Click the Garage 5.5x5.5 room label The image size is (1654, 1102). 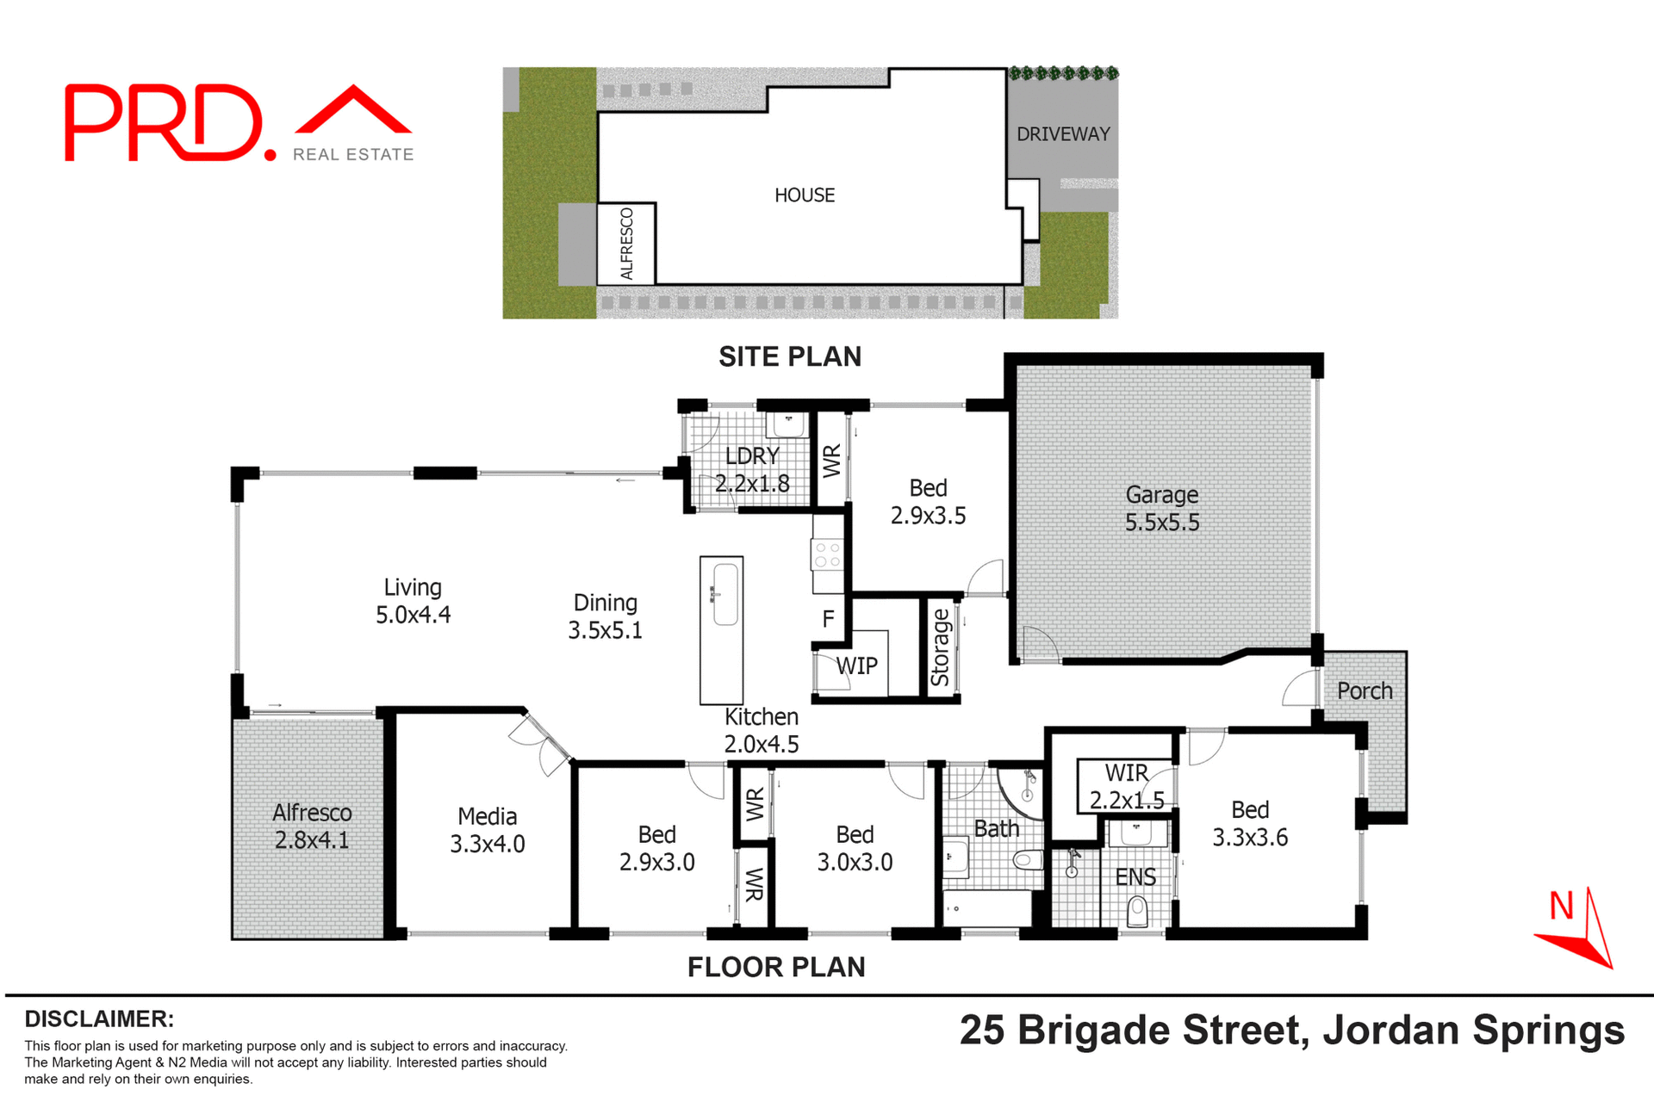tap(1161, 508)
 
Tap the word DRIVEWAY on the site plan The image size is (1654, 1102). tap(1063, 134)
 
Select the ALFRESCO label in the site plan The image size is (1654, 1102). tap(626, 244)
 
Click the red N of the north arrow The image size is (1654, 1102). tap(1561, 906)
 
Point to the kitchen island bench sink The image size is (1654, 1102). tap(725, 594)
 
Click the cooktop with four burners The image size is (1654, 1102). tap(827, 554)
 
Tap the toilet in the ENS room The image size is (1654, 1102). tap(1137, 910)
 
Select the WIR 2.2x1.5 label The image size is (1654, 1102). tap(1126, 786)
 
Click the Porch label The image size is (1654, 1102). tap(1365, 690)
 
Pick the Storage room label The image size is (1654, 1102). tap(940, 647)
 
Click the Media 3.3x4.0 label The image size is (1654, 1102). tap(487, 830)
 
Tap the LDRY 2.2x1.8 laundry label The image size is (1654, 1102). tap(752, 469)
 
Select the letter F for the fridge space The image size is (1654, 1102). tap(828, 618)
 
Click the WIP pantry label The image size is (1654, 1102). tap(856, 666)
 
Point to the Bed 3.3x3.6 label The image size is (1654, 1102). tap(1249, 823)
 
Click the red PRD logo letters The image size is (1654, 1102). tap(164, 123)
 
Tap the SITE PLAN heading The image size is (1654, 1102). tap(789, 356)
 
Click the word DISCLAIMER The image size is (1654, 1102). tap(99, 1018)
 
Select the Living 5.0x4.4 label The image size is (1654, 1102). tap(413, 601)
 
